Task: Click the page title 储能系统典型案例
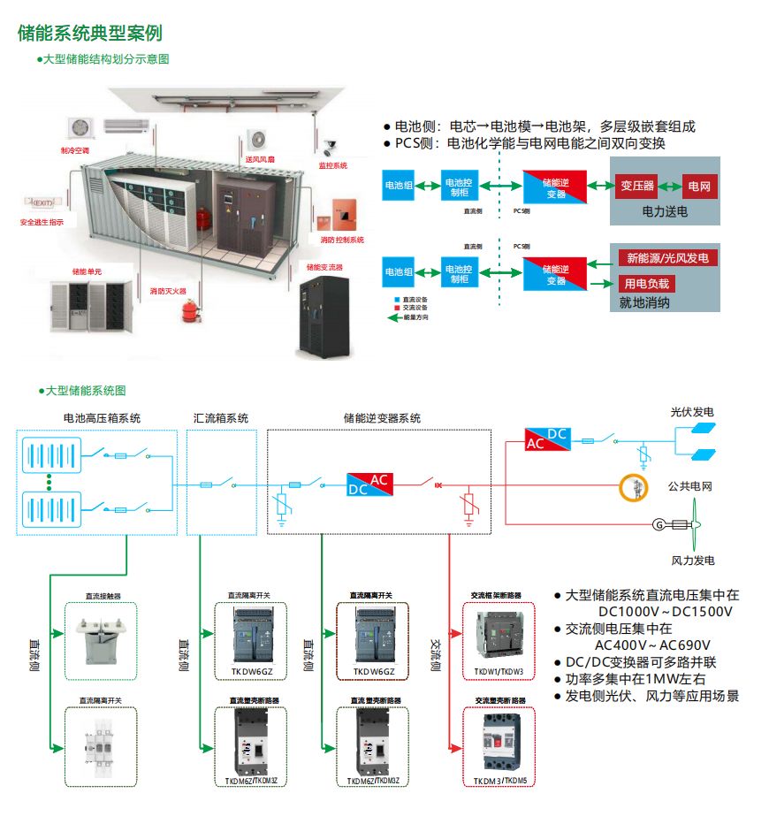coord(89,34)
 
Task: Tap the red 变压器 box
coord(636,186)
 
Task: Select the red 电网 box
coord(699,187)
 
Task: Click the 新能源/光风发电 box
coord(667,258)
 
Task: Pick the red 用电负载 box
coord(647,284)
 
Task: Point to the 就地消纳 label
coord(644,303)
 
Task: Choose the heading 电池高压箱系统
coord(102,418)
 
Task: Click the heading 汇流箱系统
coord(221,418)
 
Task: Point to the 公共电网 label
coord(690,486)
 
